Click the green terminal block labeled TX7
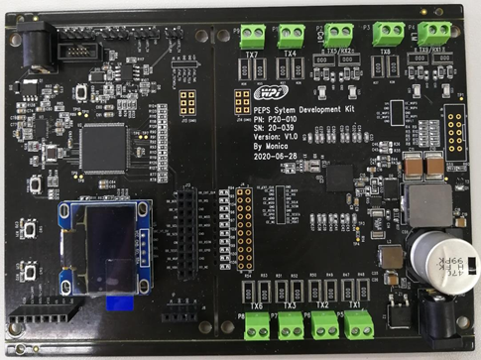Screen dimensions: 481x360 point(251,36)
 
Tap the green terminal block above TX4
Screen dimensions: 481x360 point(291,36)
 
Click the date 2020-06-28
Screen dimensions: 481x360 point(283,157)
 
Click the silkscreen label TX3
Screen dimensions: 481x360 point(289,305)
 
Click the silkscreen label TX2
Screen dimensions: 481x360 point(321,305)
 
